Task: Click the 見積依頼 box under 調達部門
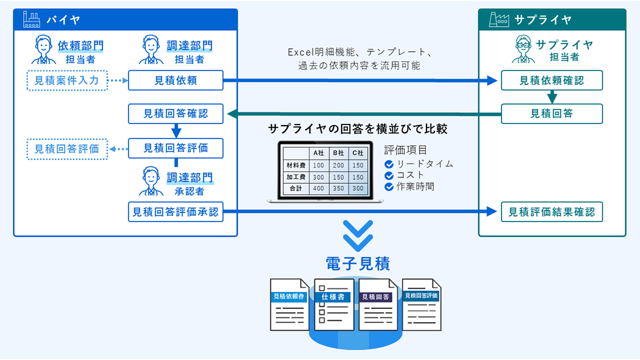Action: (176, 81)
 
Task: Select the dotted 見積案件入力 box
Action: (67, 81)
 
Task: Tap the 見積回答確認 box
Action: (176, 114)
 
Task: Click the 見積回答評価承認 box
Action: (176, 212)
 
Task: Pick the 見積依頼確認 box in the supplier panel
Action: (552, 81)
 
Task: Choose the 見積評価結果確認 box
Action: (552, 212)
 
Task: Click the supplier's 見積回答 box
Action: (552, 114)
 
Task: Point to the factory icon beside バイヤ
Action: (31, 20)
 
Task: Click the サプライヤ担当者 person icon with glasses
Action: (521, 49)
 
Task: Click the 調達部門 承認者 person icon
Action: (151, 182)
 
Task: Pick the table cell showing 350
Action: (338, 188)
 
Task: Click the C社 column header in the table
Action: (358, 153)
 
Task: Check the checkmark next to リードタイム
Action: (389, 164)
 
